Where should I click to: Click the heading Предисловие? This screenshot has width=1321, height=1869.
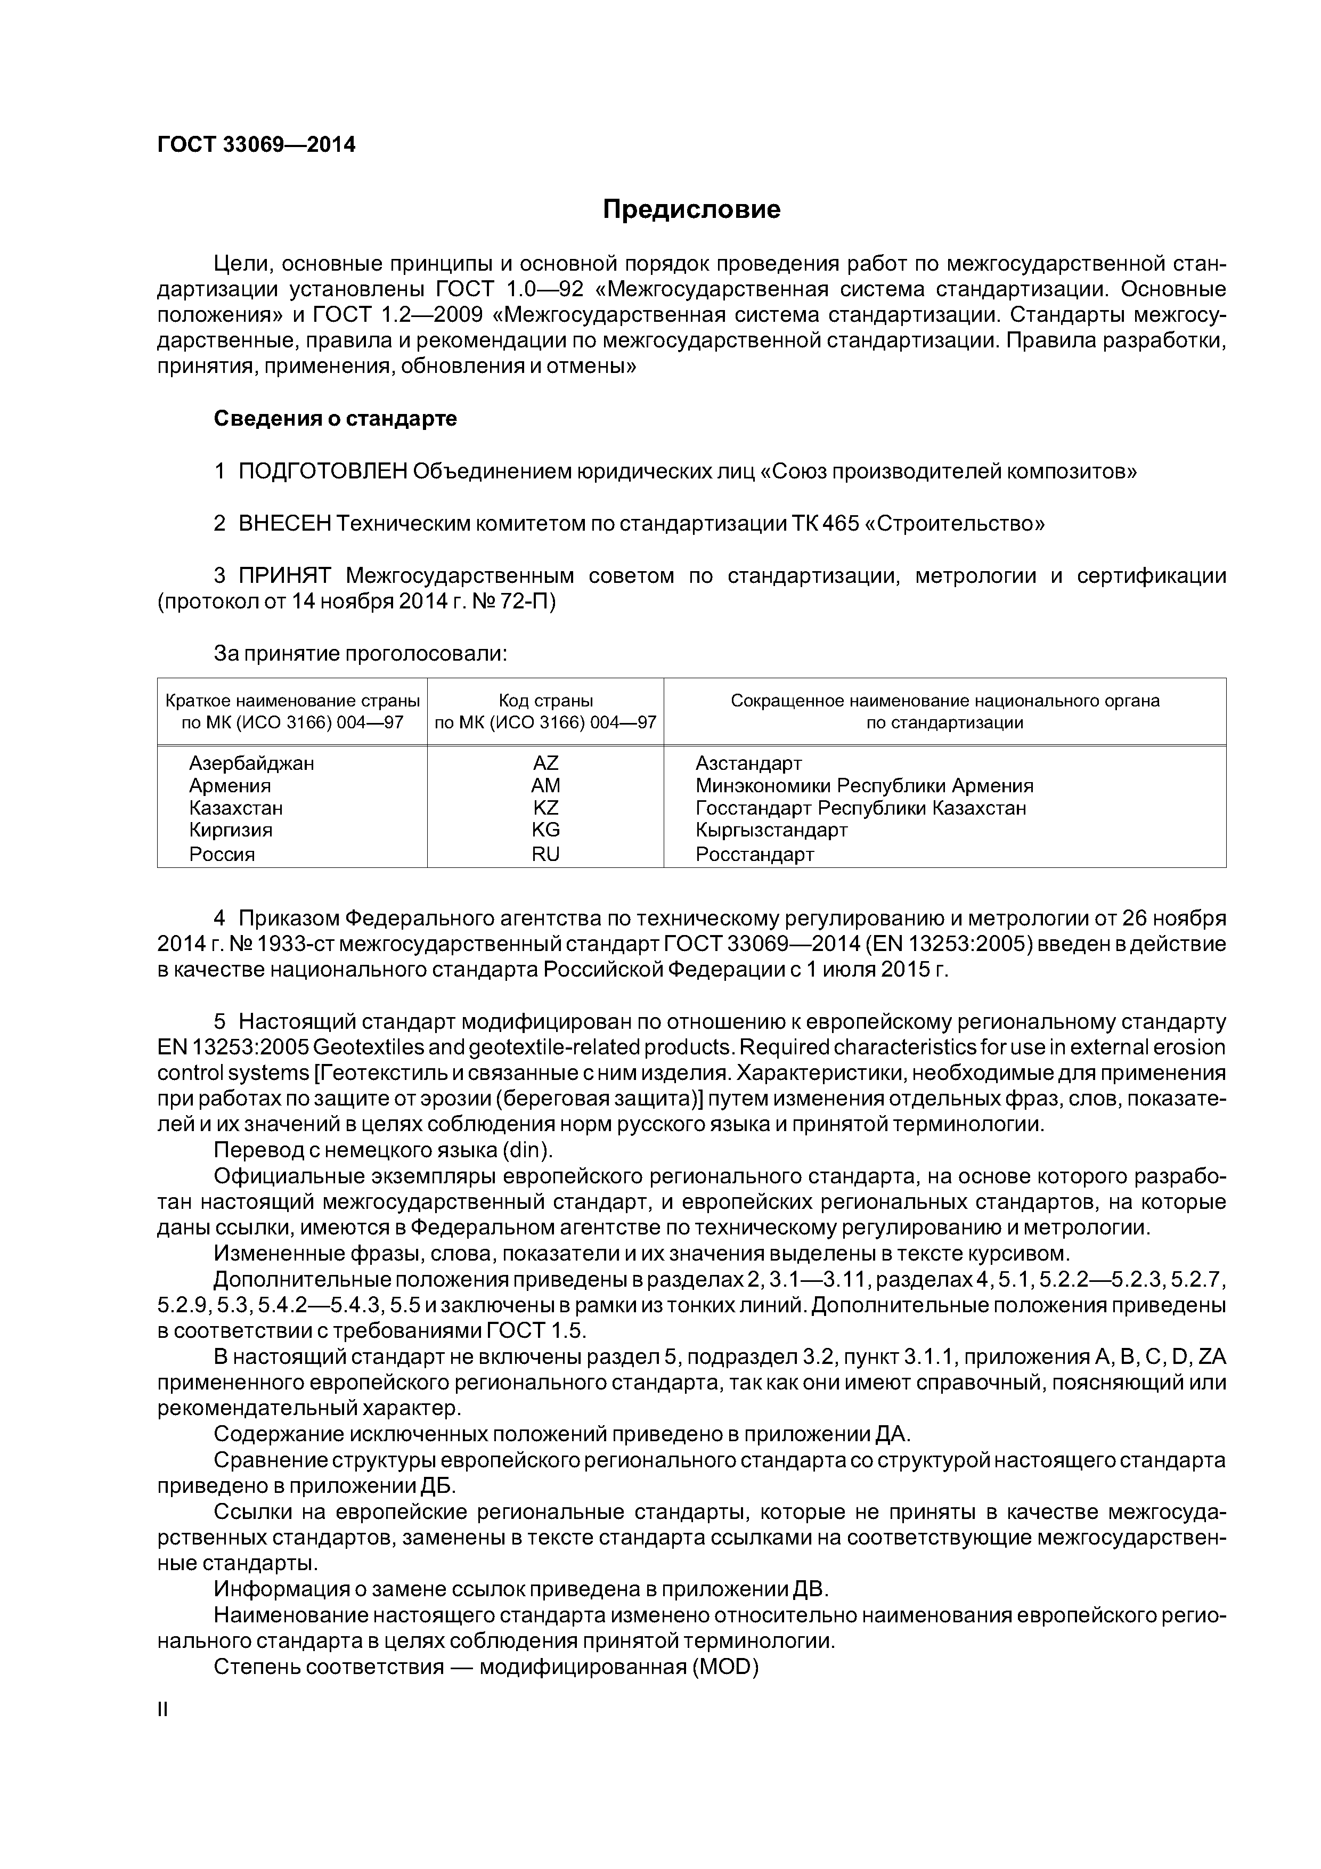click(x=691, y=210)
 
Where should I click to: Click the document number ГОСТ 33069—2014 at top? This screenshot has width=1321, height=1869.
click(x=256, y=145)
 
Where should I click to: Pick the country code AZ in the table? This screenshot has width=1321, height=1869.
click(x=545, y=763)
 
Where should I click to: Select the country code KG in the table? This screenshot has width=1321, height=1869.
click(x=545, y=830)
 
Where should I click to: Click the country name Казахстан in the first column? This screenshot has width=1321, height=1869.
click(x=236, y=808)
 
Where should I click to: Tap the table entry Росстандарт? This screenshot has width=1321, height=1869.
click(x=754, y=854)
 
